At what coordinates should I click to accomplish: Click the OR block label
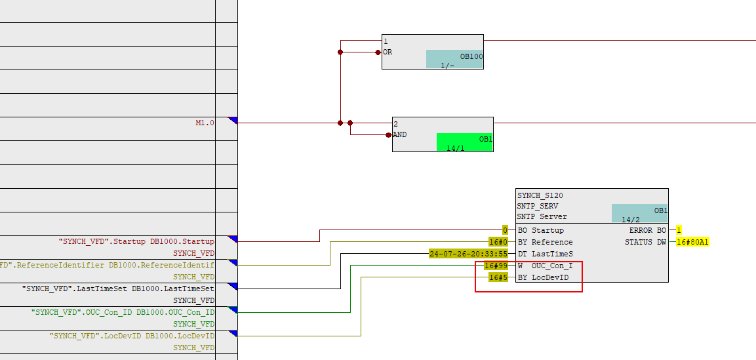388,52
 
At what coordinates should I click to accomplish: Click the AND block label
399,134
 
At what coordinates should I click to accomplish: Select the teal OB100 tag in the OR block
454,59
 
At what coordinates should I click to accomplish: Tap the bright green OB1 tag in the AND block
465,142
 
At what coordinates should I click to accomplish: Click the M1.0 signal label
205,123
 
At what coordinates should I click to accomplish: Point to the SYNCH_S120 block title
540,195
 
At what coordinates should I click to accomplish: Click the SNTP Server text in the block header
542,216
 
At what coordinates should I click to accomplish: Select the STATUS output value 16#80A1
693,242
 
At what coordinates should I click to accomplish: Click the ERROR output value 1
679,230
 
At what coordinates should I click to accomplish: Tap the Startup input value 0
505,230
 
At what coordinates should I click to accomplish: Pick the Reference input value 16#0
499,242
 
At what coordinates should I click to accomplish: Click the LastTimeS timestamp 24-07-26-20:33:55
468,254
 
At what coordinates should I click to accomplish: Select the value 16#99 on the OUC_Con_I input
495,266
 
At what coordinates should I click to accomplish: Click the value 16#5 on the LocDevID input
498,277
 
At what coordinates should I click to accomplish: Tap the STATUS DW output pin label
645,242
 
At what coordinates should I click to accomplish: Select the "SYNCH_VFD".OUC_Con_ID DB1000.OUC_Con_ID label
123,312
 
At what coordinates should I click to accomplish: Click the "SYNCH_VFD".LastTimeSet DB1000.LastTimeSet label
118,289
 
